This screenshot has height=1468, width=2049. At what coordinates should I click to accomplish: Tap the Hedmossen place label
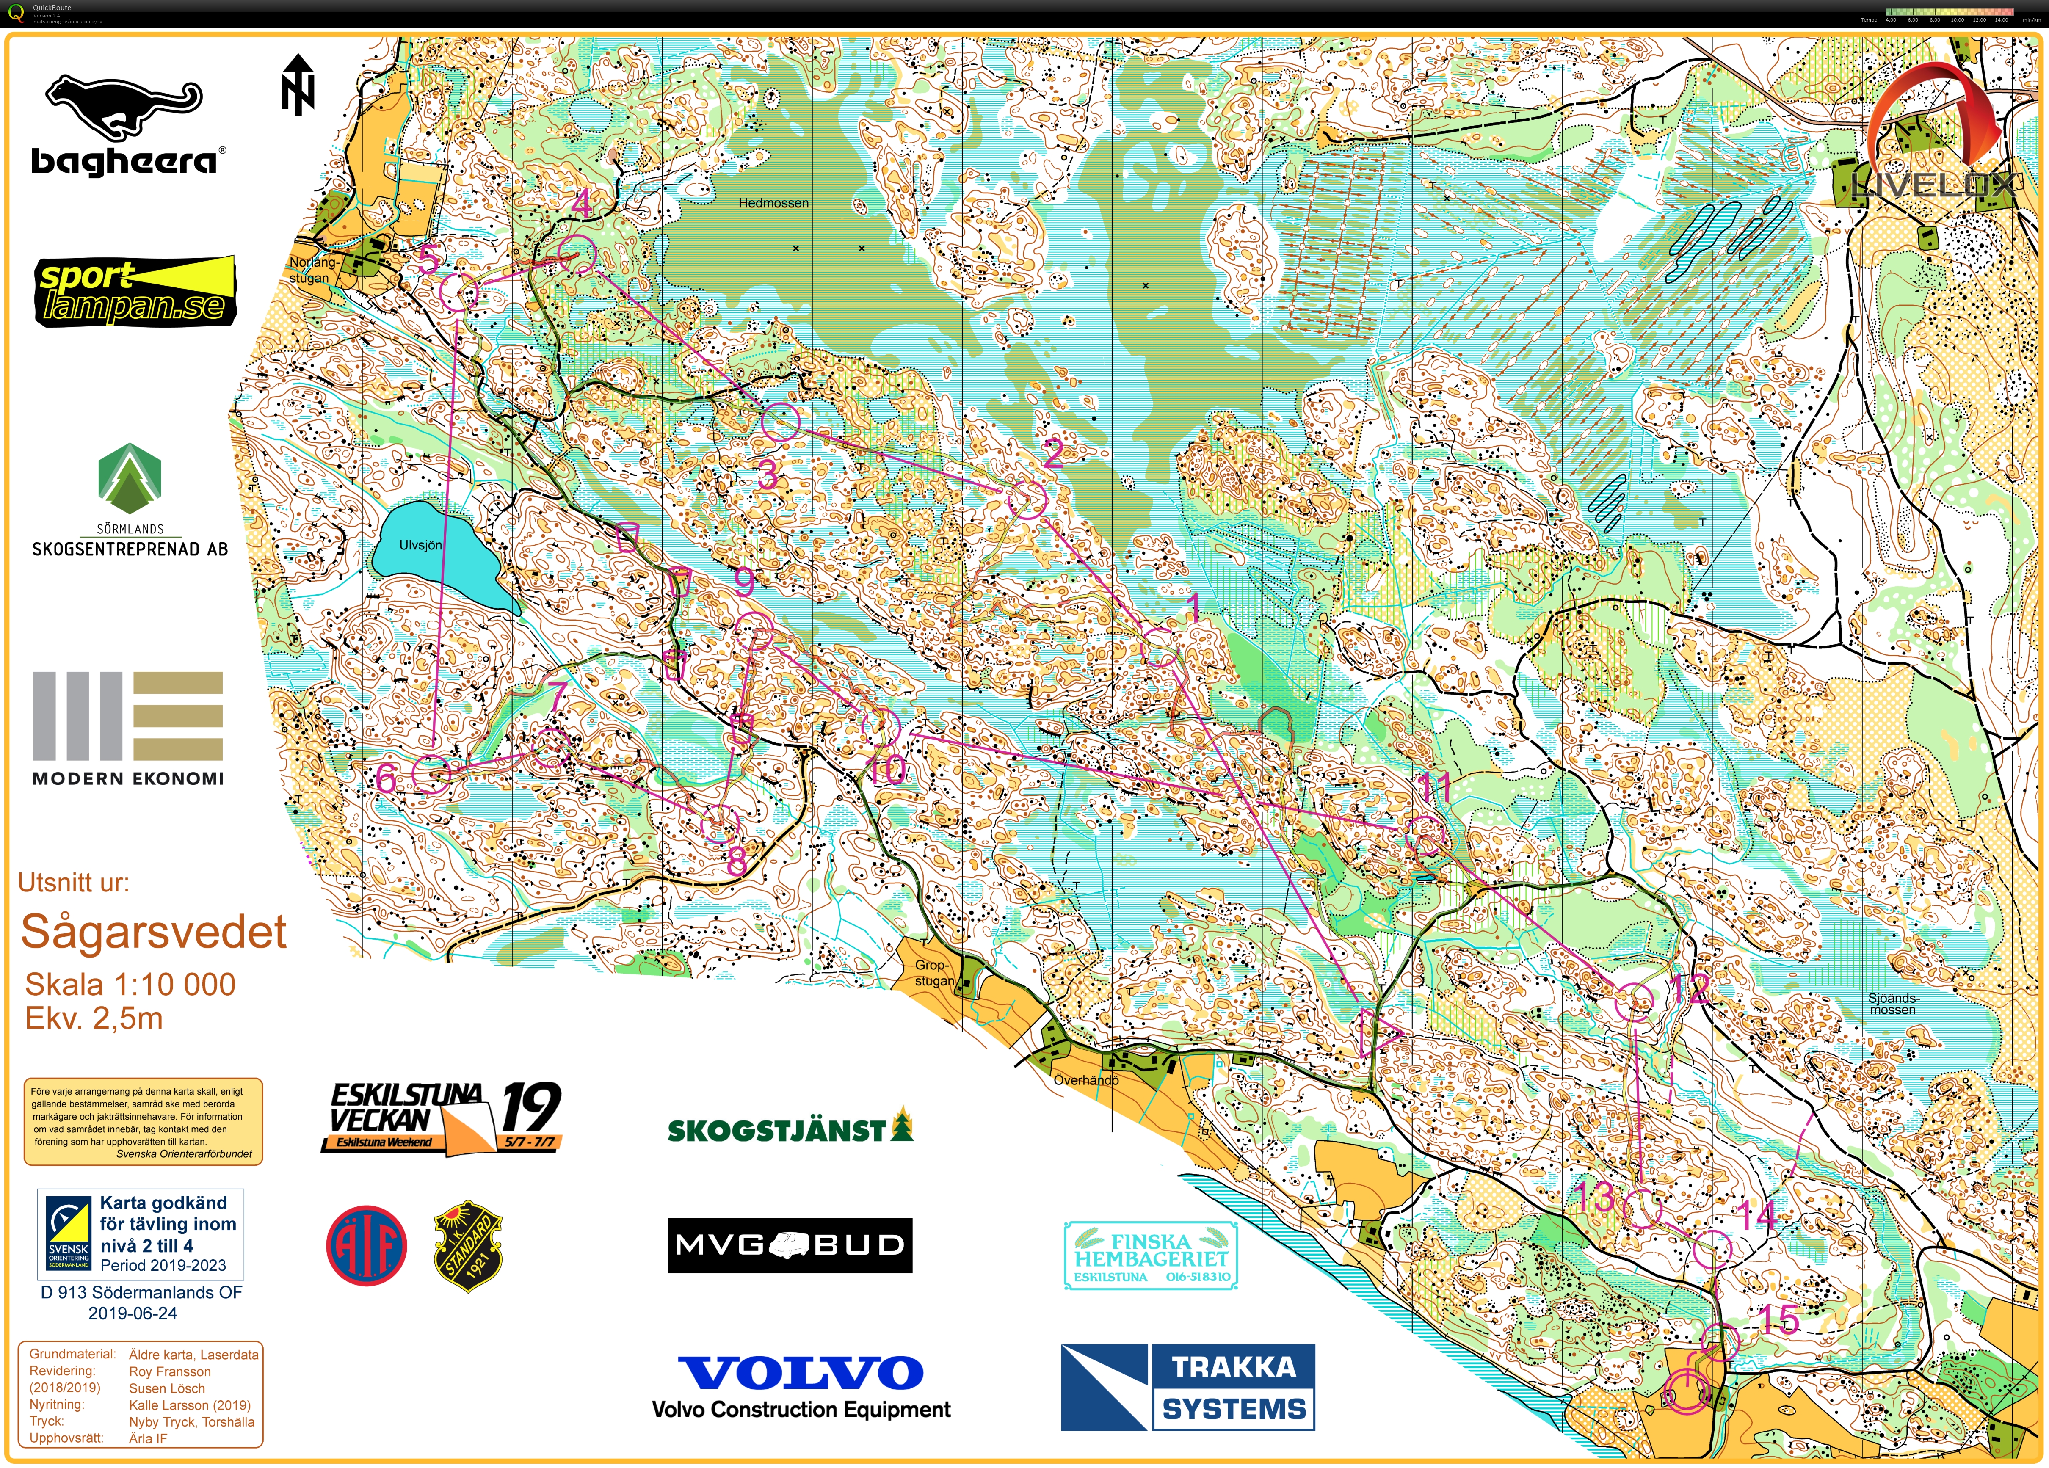click(773, 203)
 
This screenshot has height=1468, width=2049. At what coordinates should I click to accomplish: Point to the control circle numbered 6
click(431, 774)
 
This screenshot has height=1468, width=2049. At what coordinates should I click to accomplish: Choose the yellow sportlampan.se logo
click(135, 291)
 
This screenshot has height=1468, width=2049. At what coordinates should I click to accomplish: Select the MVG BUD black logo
click(790, 1245)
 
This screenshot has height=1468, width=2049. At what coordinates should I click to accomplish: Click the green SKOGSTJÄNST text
click(777, 1130)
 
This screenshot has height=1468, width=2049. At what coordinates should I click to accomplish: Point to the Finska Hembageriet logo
click(1150, 1256)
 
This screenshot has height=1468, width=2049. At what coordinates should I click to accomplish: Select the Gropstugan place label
click(933, 972)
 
